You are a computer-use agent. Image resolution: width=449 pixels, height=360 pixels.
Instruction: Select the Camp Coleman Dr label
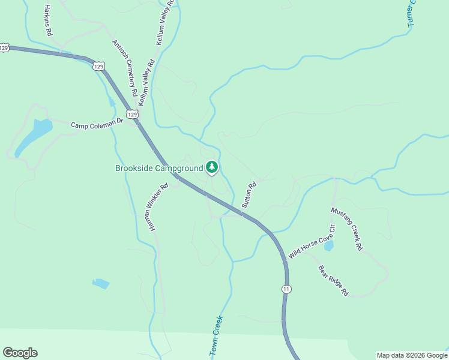point(97,124)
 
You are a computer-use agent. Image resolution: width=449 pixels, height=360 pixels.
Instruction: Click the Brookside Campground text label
point(159,168)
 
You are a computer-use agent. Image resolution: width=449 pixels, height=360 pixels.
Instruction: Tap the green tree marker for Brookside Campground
point(211,167)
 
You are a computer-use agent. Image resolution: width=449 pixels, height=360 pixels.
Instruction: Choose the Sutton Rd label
point(249,194)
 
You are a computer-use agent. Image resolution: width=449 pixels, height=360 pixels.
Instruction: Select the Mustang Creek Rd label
point(347,229)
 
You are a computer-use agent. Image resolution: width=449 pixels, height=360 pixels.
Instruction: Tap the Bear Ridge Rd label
point(333,281)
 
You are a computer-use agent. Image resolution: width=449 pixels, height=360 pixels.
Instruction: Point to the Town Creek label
point(217,336)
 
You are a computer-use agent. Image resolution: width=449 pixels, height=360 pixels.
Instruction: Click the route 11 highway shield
point(286,289)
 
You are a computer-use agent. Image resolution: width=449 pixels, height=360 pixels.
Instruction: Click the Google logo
point(20,353)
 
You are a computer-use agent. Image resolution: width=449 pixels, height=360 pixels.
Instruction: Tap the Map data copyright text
point(412,355)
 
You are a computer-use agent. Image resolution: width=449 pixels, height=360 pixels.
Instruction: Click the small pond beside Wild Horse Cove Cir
point(328,246)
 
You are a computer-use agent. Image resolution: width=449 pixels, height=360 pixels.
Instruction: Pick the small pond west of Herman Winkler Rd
point(101,283)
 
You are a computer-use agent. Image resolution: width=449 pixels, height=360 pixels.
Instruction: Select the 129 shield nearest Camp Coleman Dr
point(133,114)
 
